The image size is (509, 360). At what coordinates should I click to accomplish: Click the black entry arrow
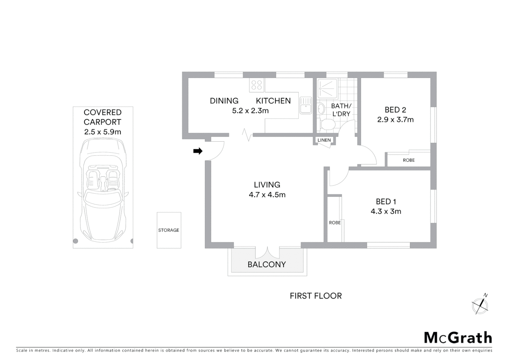[x=198, y=151]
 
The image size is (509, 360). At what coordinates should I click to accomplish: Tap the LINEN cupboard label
[x=324, y=140]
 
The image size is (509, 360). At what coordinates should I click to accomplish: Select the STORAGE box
[x=169, y=230]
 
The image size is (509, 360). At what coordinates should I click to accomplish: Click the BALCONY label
[x=266, y=264]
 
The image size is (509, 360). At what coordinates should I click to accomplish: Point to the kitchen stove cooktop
[x=256, y=85]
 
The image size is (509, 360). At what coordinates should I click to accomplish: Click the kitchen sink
[x=305, y=105]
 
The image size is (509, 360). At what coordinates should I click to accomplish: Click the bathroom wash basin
[x=321, y=108]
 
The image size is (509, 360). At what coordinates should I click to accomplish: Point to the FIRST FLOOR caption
[x=315, y=296]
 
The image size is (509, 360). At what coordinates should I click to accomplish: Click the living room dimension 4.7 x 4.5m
[x=267, y=195]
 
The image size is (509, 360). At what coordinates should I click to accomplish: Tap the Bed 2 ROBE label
[x=409, y=160]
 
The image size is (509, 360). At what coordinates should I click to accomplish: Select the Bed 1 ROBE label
[x=335, y=223]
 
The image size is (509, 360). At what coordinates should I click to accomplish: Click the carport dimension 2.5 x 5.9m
[x=103, y=132]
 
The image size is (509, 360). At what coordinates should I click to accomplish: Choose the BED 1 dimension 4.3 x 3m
[x=386, y=211]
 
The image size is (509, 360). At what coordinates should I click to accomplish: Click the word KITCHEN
[x=273, y=101]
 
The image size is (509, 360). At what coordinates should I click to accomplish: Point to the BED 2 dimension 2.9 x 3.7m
[x=395, y=120]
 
